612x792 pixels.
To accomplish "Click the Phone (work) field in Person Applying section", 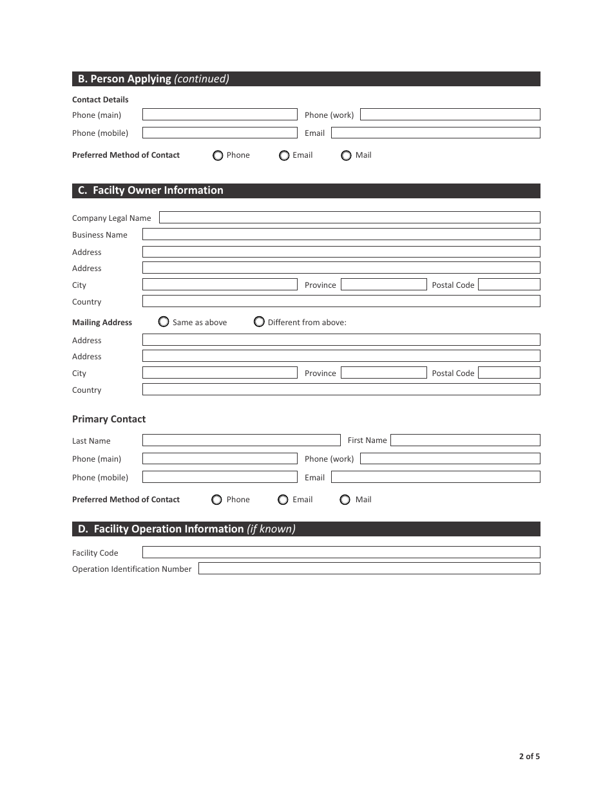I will pyautogui.click(x=450, y=115).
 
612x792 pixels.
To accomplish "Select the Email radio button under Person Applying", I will pyautogui.click(x=284, y=155).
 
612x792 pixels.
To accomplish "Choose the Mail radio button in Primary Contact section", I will pyautogui.click(x=345, y=500).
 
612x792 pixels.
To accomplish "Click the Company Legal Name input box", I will pyautogui.click(x=349, y=218).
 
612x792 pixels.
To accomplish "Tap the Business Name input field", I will pyautogui.click(x=341, y=234).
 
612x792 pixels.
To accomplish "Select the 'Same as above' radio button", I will pyautogui.click(x=164, y=321).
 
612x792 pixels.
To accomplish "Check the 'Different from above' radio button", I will pyautogui.click(x=259, y=321).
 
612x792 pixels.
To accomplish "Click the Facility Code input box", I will pyautogui.click(x=341, y=552).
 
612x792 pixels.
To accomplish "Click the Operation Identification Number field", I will pyautogui.click(x=369, y=569).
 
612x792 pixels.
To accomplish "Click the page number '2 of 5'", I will pyautogui.click(x=530, y=757).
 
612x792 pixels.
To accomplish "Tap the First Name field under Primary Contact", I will pyautogui.click(x=465, y=440).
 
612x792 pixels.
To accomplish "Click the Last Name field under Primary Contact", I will pyautogui.click(x=241, y=440).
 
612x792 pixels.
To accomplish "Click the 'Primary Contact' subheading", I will pyautogui.click(x=109, y=419).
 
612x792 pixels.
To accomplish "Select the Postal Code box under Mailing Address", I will pyautogui.click(x=509, y=373).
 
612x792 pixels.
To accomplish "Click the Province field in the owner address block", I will pyautogui.click(x=383, y=285).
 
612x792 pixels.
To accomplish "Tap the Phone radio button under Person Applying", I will pyautogui.click(x=218, y=155).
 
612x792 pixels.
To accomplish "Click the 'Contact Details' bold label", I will pyautogui.click(x=100, y=100).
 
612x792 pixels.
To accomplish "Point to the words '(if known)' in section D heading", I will pyautogui.click(x=271, y=529).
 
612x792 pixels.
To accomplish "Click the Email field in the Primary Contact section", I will pyautogui.click(x=435, y=477).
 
